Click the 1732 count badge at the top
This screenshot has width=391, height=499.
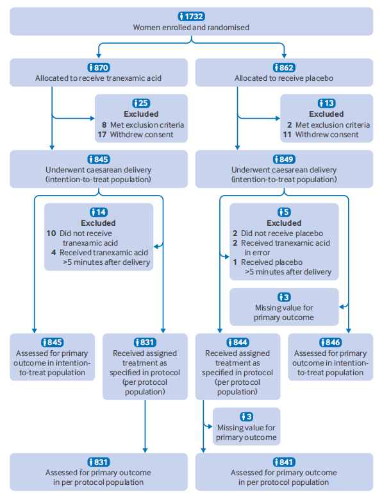point(191,16)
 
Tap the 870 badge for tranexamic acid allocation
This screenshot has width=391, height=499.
point(99,67)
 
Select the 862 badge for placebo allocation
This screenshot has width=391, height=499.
point(284,67)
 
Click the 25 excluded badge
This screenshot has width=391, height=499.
point(141,103)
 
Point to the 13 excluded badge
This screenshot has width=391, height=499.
point(326,103)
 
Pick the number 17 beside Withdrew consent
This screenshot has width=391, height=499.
point(102,135)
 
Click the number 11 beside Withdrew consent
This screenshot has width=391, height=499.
point(287,135)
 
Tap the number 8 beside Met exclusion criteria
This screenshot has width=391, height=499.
point(104,125)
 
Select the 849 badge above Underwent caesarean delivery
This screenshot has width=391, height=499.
point(284,159)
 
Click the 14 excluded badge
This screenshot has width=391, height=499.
point(99,212)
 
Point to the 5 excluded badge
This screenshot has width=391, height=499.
point(284,212)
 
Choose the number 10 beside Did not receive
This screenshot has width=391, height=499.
point(51,233)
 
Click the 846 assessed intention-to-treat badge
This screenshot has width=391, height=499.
point(330,342)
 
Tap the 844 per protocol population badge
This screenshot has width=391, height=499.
point(238,342)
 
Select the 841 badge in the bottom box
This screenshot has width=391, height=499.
point(284,462)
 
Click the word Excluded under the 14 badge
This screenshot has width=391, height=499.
point(98,223)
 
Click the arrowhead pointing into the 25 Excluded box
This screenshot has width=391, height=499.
point(92,119)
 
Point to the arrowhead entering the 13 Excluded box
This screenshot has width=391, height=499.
point(278,119)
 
